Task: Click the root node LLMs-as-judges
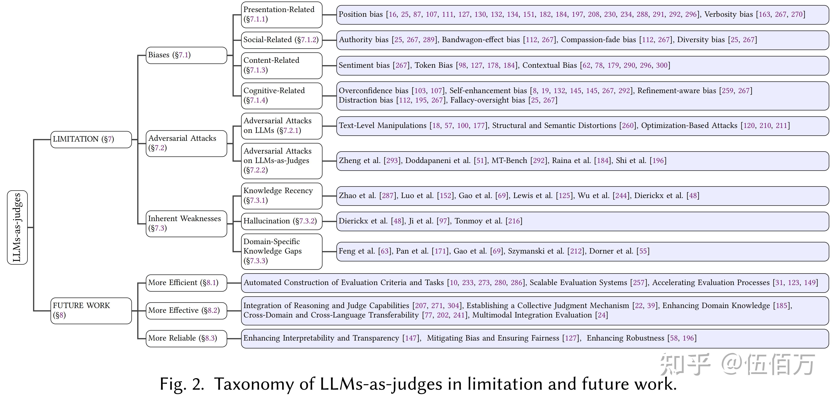pyautogui.click(x=17, y=227)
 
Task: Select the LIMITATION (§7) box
pyautogui.click(x=91, y=139)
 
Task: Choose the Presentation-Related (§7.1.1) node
pyautogui.click(x=281, y=14)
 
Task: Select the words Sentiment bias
pyautogui.click(x=364, y=65)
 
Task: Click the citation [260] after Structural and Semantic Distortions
pyautogui.click(x=628, y=126)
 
